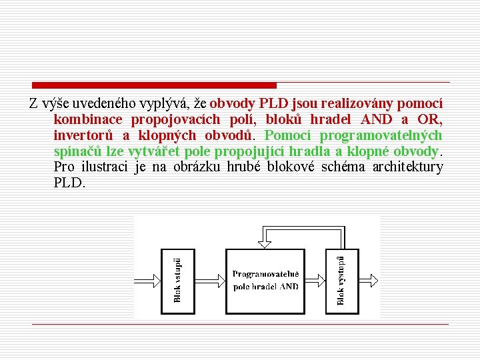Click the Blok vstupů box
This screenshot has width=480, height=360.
point(178,281)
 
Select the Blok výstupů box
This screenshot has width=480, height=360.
point(341,281)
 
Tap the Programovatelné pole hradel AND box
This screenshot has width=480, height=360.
point(265,281)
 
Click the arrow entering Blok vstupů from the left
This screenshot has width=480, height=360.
point(147,281)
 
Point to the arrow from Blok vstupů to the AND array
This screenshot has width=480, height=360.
point(210,281)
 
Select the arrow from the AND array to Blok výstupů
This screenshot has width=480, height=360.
point(315,281)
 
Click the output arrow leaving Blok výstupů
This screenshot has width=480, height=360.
point(367,281)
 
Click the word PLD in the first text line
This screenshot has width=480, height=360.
point(272,104)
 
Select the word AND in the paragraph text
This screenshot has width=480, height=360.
point(377,120)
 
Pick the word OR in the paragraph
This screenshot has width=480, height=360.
point(429,120)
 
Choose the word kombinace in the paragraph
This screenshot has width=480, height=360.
point(88,120)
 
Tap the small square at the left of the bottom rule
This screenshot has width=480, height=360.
point(35,323)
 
